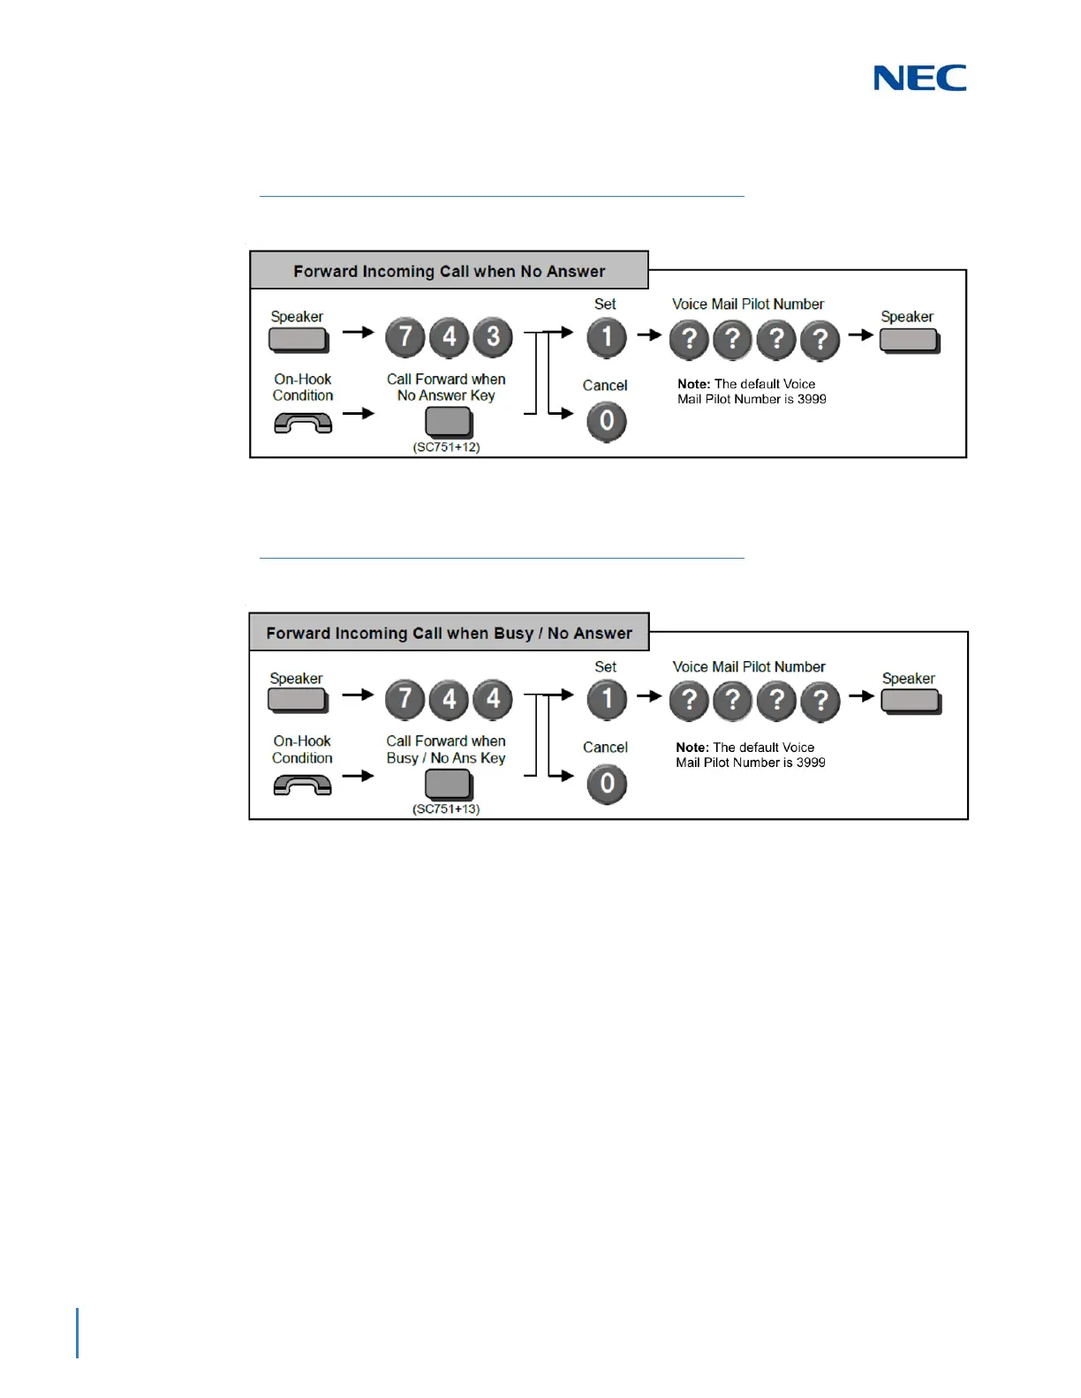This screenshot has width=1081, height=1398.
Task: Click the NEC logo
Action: point(919,79)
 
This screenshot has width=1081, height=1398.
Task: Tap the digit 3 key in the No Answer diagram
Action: point(493,337)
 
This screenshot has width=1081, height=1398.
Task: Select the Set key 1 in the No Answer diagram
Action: point(607,337)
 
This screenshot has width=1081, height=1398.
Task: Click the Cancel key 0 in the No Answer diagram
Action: point(607,421)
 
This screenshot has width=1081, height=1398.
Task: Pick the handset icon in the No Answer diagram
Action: point(303,424)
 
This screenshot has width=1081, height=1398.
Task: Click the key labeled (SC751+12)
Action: point(448,422)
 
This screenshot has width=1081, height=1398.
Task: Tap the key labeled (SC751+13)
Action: point(448,784)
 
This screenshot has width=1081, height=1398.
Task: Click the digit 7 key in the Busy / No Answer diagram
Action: point(405,699)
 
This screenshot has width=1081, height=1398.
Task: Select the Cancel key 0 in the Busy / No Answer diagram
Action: point(607,784)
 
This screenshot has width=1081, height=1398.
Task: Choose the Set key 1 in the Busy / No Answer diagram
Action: point(607,699)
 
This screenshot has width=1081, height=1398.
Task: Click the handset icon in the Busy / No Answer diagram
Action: point(303,785)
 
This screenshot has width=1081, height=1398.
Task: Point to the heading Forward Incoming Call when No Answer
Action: point(450,271)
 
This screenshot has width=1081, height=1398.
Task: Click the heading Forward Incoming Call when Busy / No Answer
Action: point(450,633)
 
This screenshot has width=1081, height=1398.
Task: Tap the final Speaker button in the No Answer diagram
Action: point(909,340)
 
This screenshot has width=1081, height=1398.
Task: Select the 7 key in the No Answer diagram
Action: point(405,337)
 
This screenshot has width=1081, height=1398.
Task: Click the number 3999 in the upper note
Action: point(812,399)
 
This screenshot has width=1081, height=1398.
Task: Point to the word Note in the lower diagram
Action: point(692,748)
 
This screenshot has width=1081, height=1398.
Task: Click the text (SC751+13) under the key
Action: point(446,809)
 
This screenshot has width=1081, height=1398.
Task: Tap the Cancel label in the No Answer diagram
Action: point(605,386)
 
